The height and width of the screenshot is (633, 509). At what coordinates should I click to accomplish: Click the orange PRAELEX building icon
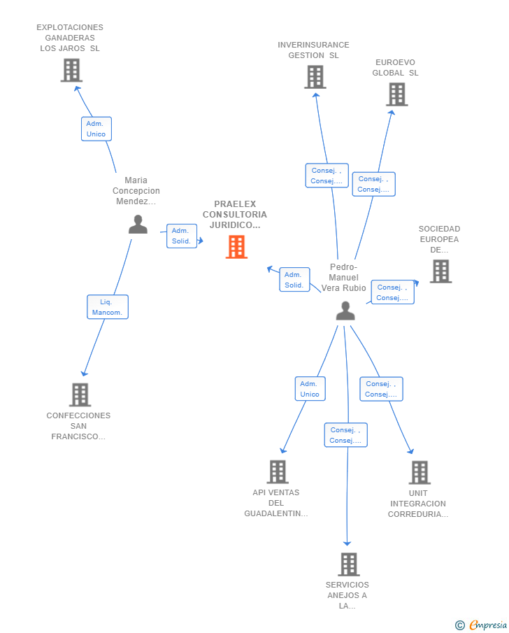(x=236, y=247)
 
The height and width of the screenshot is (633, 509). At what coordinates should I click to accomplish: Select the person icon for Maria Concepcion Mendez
(x=138, y=225)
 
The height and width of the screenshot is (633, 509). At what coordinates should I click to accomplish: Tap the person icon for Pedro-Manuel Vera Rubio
(x=345, y=311)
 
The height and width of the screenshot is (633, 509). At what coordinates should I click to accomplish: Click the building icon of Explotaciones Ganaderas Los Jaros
(x=71, y=70)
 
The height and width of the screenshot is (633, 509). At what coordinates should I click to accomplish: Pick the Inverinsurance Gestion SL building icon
(x=315, y=77)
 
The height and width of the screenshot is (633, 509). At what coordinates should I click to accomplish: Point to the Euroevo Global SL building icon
(x=397, y=94)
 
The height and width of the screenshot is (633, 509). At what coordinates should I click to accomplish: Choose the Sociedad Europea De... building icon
(x=440, y=271)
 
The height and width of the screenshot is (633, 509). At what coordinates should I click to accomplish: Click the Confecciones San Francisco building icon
(x=80, y=394)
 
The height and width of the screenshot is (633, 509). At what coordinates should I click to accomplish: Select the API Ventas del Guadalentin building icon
(x=278, y=472)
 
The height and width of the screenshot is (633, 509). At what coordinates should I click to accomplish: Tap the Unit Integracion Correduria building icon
(x=420, y=473)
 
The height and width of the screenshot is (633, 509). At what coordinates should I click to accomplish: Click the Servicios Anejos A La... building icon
(x=349, y=564)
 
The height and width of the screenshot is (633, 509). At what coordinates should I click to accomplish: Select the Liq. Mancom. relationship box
(x=108, y=307)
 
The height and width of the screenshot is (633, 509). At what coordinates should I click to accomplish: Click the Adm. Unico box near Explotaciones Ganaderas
(x=96, y=129)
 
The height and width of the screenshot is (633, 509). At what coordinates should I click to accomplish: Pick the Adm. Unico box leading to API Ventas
(x=310, y=389)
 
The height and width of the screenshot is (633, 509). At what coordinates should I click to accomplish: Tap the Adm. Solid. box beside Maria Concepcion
(x=182, y=236)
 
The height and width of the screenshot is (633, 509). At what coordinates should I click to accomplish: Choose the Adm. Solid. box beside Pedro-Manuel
(x=294, y=279)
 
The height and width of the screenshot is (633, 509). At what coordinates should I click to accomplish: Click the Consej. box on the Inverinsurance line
(x=327, y=176)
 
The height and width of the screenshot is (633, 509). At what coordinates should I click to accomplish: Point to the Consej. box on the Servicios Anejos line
(x=346, y=435)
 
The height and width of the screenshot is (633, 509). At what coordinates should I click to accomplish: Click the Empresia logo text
(x=487, y=625)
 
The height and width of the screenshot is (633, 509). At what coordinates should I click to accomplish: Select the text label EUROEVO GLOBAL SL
(x=395, y=67)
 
